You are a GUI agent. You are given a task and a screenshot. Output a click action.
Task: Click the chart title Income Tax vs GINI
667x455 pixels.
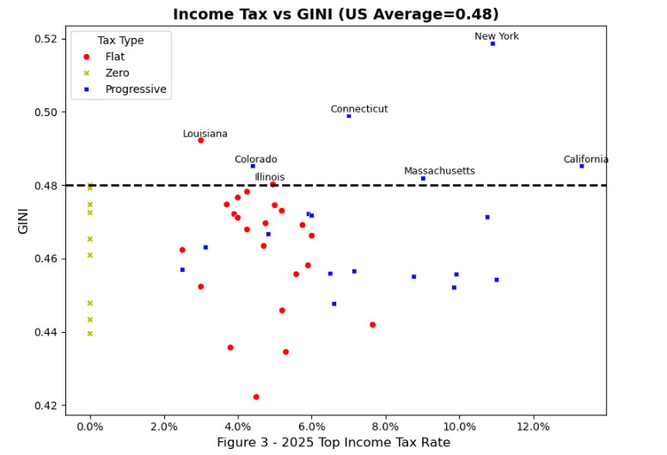pyautogui.click(x=335, y=14)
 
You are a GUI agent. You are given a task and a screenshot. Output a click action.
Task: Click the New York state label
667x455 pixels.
pyautogui.click(x=497, y=36)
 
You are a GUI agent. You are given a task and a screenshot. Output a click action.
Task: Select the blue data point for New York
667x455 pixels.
pyautogui.click(x=493, y=43)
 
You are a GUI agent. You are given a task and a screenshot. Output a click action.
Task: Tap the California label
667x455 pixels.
pyautogui.click(x=586, y=159)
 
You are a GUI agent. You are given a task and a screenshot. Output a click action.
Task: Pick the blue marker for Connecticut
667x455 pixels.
pyautogui.click(x=349, y=115)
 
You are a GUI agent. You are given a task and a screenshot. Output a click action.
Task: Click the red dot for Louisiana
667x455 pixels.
pyautogui.click(x=201, y=140)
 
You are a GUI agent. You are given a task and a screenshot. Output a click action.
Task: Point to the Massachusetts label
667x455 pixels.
pyautogui.click(x=439, y=170)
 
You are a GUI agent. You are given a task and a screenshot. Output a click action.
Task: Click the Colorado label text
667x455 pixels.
pyautogui.click(x=256, y=159)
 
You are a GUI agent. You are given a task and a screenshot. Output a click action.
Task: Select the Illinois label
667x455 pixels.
pyautogui.click(x=270, y=176)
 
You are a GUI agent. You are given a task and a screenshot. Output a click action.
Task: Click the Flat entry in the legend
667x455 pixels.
pyautogui.click(x=116, y=57)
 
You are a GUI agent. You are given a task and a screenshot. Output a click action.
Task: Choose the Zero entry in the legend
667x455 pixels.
pyautogui.click(x=118, y=73)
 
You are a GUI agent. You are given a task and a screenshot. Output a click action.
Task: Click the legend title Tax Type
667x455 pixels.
pyautogui.click(x=120, y=40)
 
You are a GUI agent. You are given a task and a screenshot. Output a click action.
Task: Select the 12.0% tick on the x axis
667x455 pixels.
pyautogui.click(x=534, y=426)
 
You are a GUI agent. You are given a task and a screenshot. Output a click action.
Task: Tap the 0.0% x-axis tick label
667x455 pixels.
pyautogui.click(x=90, y=426)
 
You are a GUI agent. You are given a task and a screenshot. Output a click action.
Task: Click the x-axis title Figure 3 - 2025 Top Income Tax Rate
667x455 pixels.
pyautogui.click(x=333, y=442)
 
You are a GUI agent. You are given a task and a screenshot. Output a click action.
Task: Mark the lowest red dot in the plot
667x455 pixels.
pyautogui.click(x=256, y=397)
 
